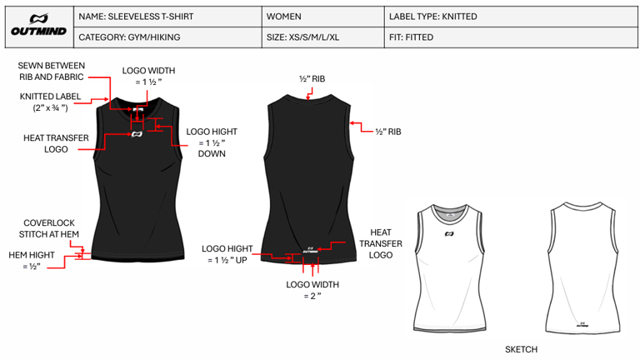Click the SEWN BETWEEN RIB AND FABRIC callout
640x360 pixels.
pos(52,71)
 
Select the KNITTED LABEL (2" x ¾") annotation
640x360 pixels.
pos(51,102)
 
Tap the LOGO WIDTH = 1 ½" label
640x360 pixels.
pos(149,77)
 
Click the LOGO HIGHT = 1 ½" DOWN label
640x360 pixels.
pos(212,142)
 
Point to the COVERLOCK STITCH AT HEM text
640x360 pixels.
pos(49,228)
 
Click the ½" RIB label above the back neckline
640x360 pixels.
pos(312,79)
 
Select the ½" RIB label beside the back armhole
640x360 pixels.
pos(388,132)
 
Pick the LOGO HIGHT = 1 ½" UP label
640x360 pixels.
pos(229,254)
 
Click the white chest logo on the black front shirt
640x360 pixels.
pos(137,133)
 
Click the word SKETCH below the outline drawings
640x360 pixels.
pos(521,349)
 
